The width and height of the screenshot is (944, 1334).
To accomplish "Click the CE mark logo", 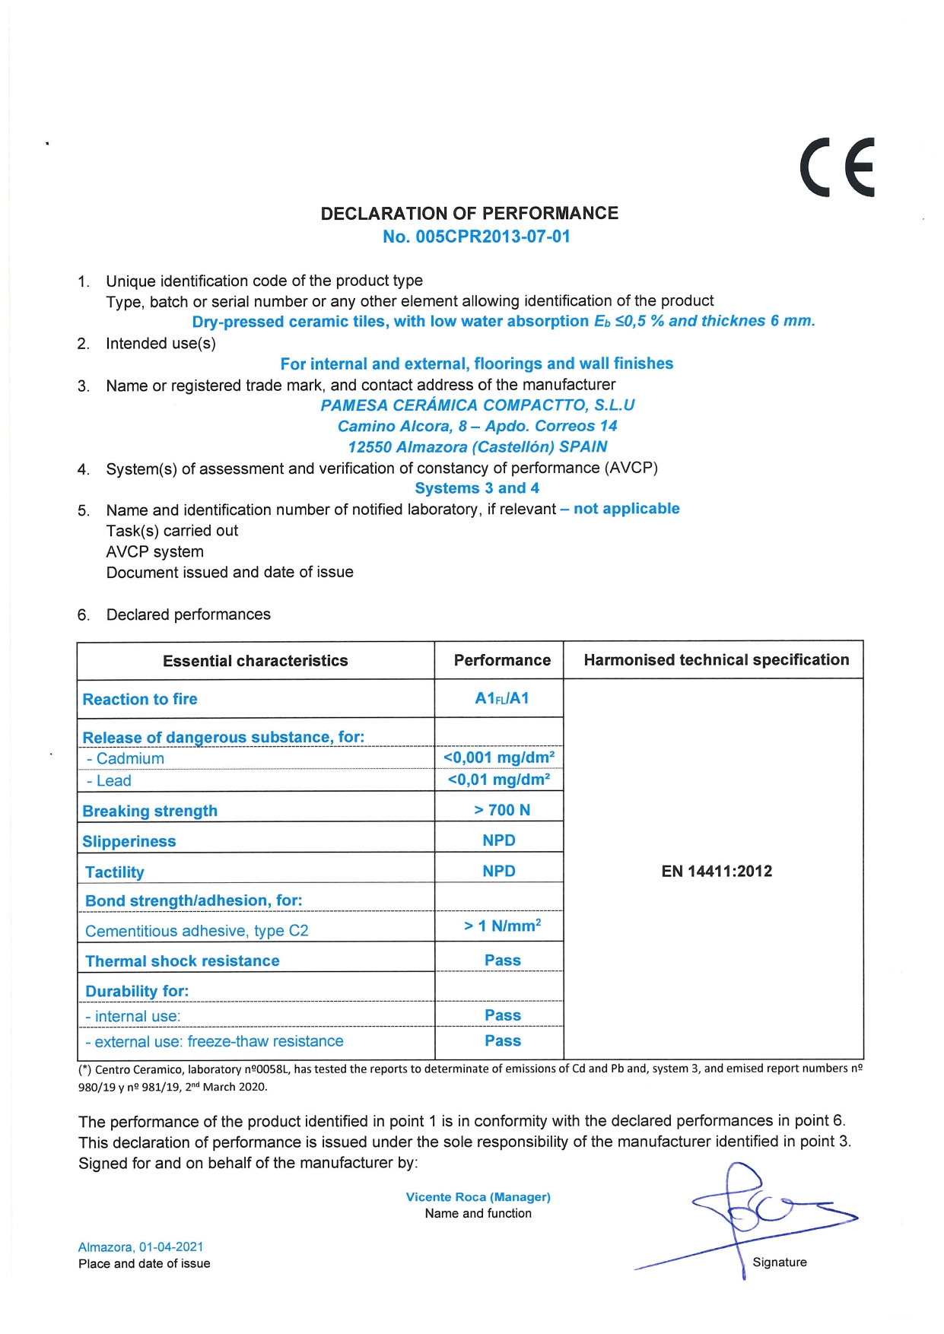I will point(837,167).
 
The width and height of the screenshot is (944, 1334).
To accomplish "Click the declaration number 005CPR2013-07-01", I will point(476,237).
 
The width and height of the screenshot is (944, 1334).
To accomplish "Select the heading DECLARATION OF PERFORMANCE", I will point(469,213).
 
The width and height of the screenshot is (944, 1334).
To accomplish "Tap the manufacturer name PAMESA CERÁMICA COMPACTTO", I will point(477,405).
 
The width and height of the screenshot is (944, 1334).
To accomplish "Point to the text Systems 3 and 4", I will point(477,488).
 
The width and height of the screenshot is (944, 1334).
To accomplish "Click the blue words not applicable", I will point(626,509).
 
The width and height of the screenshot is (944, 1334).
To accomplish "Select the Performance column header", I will point(502,660).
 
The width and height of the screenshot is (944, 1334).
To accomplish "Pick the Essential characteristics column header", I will point(255,661).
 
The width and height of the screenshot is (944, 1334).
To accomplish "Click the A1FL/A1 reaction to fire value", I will point(501,698).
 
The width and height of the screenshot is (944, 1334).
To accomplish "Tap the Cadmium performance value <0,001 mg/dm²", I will point(499,758).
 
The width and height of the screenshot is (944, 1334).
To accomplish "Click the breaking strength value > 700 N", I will point(502,810).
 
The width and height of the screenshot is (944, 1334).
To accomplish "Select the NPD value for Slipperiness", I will point(499,840).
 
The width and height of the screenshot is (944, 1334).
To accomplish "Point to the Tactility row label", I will point(114,872).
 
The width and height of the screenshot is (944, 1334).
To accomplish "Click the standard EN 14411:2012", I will point(717,872).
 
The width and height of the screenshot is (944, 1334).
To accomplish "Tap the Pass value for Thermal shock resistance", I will point(503,961).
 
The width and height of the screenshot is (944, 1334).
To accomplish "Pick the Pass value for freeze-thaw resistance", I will point(503,1041).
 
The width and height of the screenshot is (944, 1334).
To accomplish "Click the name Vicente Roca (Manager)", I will point(478,1197).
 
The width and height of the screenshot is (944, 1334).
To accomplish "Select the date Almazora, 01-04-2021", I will point(141,1247).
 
